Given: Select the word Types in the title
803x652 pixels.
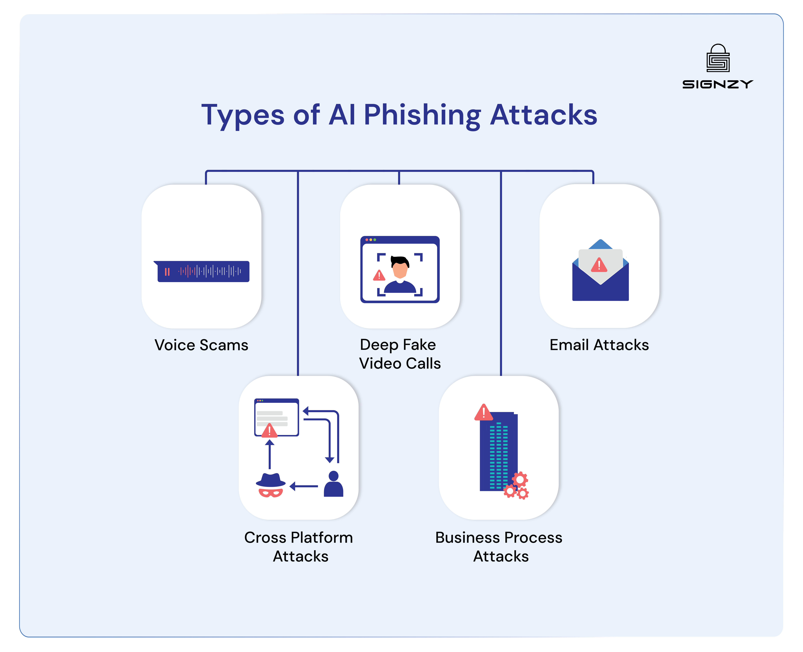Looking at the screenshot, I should [243, 115].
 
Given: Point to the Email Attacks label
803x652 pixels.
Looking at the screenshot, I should [599, 345].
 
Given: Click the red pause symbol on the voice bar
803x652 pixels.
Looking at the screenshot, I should [167, 272].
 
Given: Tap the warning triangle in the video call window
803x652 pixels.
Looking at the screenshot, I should [379, 276].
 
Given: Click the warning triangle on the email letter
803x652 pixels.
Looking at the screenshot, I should [599, 265].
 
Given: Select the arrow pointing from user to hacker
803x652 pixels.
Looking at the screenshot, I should [304, 486].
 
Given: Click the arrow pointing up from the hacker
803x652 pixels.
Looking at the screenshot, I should [269, 454].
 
